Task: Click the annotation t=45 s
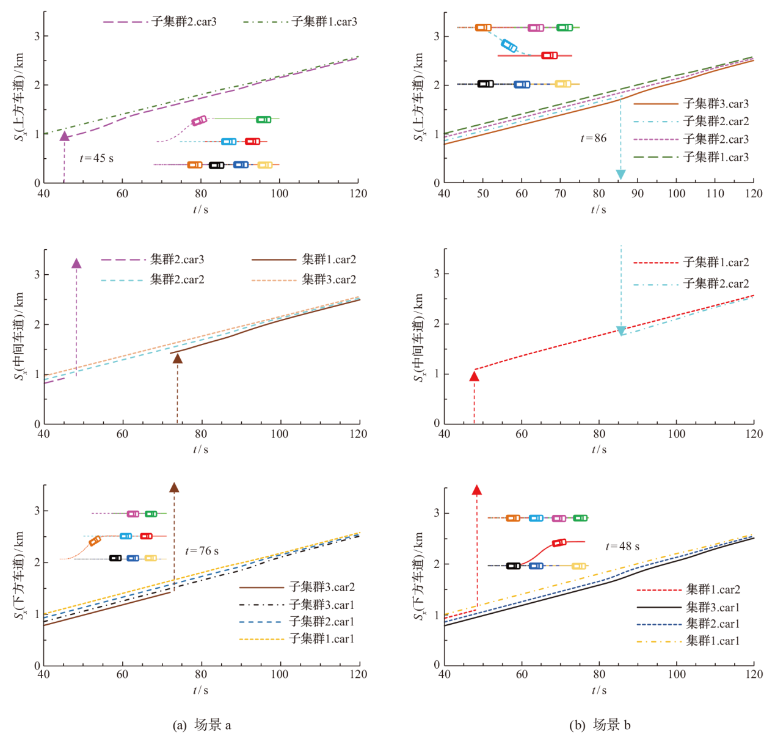tap(96, 158)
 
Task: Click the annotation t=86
tap(593, 138)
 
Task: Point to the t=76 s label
tap(202, 551)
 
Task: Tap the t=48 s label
tap(622, 547)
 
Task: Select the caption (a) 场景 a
tap(202, 725)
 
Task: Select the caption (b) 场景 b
tap(600, 725)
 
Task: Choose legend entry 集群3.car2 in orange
tap(329, 280)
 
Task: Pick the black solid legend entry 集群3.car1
tap(713, 607)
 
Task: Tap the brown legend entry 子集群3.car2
tap(321, 587)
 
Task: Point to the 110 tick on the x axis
tap(715, 194)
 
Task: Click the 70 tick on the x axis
tap(560, 194)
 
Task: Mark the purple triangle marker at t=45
tap(64, 136)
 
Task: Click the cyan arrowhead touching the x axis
tap(620, 175)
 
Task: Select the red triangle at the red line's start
tap(474, 376)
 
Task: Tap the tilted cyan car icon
tap(509, 45)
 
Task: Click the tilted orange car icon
tap(95, 541)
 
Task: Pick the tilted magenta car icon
tap(199, 121)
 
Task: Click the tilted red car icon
tap(559, 542)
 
